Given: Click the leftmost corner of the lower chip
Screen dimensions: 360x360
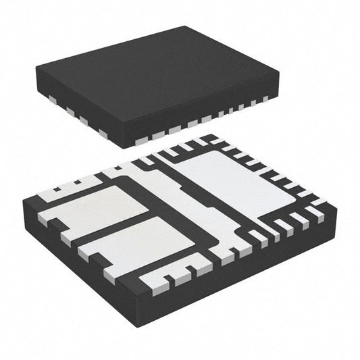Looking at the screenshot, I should click(22, 201).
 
